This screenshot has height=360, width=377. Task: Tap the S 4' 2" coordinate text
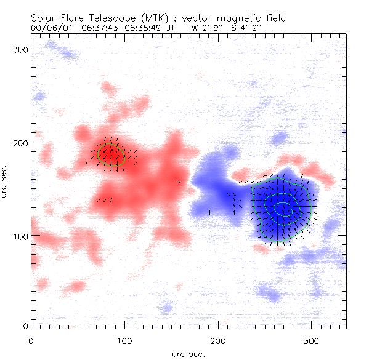[x=245, y=28]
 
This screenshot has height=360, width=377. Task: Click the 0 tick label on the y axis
[x=25, y=326]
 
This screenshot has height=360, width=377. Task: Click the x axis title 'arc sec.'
[x=188, y=353]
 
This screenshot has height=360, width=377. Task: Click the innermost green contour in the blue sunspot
[x=285, y=210]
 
